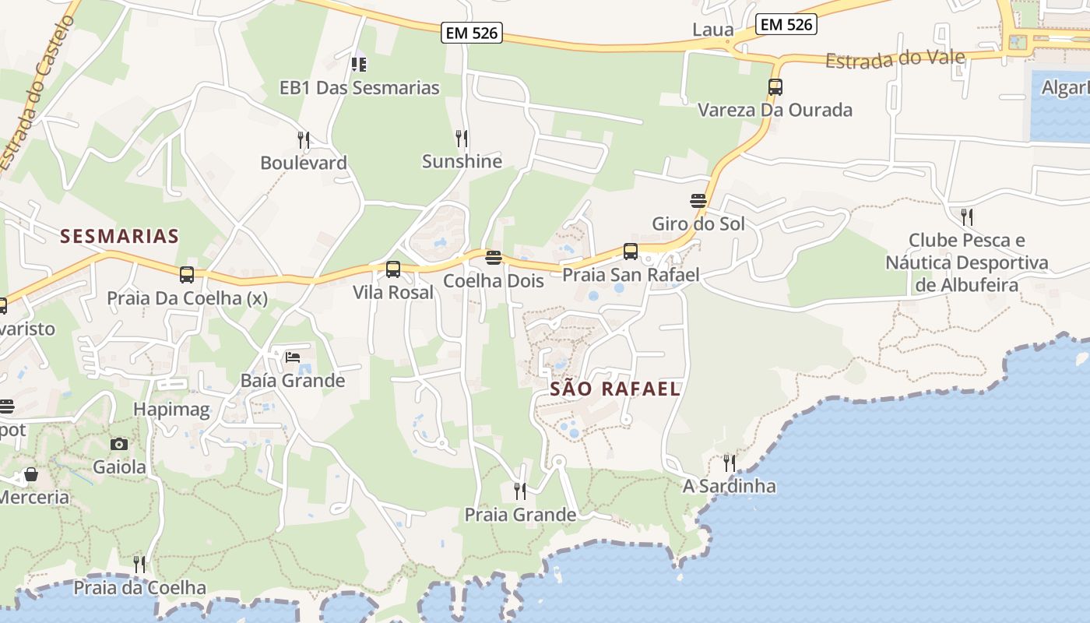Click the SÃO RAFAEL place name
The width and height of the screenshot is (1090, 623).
[615, 389]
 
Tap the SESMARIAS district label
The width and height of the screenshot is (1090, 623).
[120, 236]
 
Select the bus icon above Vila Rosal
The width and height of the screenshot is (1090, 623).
[393, 269]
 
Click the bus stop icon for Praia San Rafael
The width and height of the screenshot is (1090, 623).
[631, 252]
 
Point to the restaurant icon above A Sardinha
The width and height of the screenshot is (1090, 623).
[730, 463]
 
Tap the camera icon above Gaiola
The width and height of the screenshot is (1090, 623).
[119, 444]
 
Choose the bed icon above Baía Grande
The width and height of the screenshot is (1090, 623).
[293, 357]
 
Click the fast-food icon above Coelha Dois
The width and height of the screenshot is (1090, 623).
[493, 257]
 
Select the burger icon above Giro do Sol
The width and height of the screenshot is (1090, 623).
[698, 201]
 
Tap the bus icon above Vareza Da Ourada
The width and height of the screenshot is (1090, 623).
[775, 87]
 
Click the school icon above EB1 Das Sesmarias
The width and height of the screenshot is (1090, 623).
[359, 64]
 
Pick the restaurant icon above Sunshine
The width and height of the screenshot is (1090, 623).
[462, 139]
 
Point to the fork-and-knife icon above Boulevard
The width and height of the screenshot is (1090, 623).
[304, 140]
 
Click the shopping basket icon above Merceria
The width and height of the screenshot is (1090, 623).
[31, 474]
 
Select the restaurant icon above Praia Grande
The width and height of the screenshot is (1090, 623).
[520, 491]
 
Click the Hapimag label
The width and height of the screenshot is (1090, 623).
[171, 410]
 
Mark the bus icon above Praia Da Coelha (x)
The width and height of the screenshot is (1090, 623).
[187, 275]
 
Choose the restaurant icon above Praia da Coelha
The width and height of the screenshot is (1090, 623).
[139, 565]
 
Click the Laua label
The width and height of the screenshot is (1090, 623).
[713, 30]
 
